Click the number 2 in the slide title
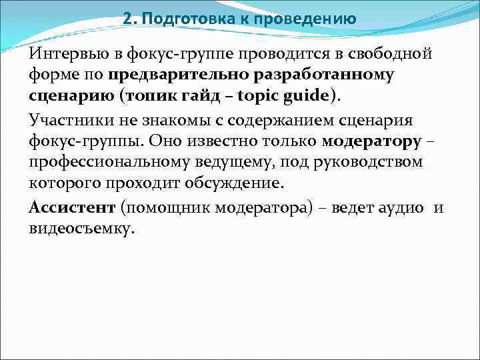127,18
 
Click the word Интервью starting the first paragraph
65,53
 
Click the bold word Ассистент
71,208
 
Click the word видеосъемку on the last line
81,229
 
